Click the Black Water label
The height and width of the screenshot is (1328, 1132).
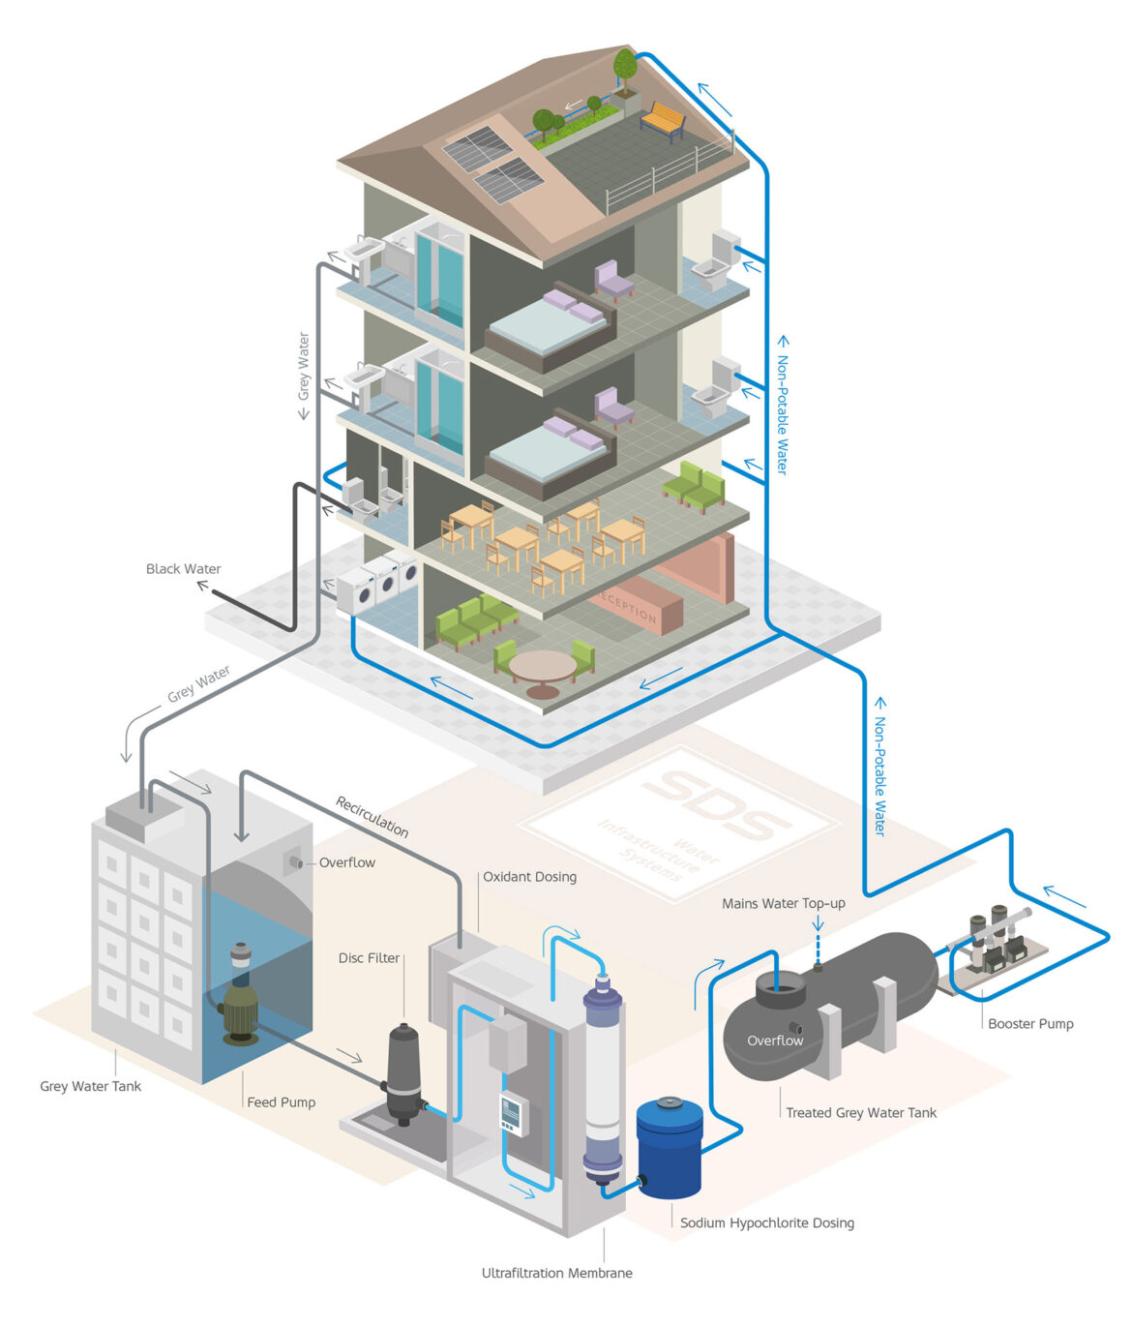pos(183,569)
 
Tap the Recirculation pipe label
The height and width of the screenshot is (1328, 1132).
pos(372,816)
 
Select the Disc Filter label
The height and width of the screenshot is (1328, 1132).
pos(369,958)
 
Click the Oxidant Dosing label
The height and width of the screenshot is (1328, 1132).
pos(529,877)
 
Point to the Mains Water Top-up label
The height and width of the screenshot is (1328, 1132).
pos(783,903)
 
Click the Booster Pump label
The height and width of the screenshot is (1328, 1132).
pos(1030,1023)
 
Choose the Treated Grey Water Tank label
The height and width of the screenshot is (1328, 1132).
pos(861,1113)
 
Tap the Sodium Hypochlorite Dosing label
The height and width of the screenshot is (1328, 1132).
pos(766,1223)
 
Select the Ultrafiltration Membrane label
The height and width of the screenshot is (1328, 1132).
pos(556,1273)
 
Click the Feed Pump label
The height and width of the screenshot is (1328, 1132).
pos(281,1102)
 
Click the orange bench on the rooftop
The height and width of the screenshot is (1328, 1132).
pos(662,120)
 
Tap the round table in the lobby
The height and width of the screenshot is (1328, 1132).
pos(542,668)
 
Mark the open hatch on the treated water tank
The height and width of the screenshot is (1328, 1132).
pos(780,989)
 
